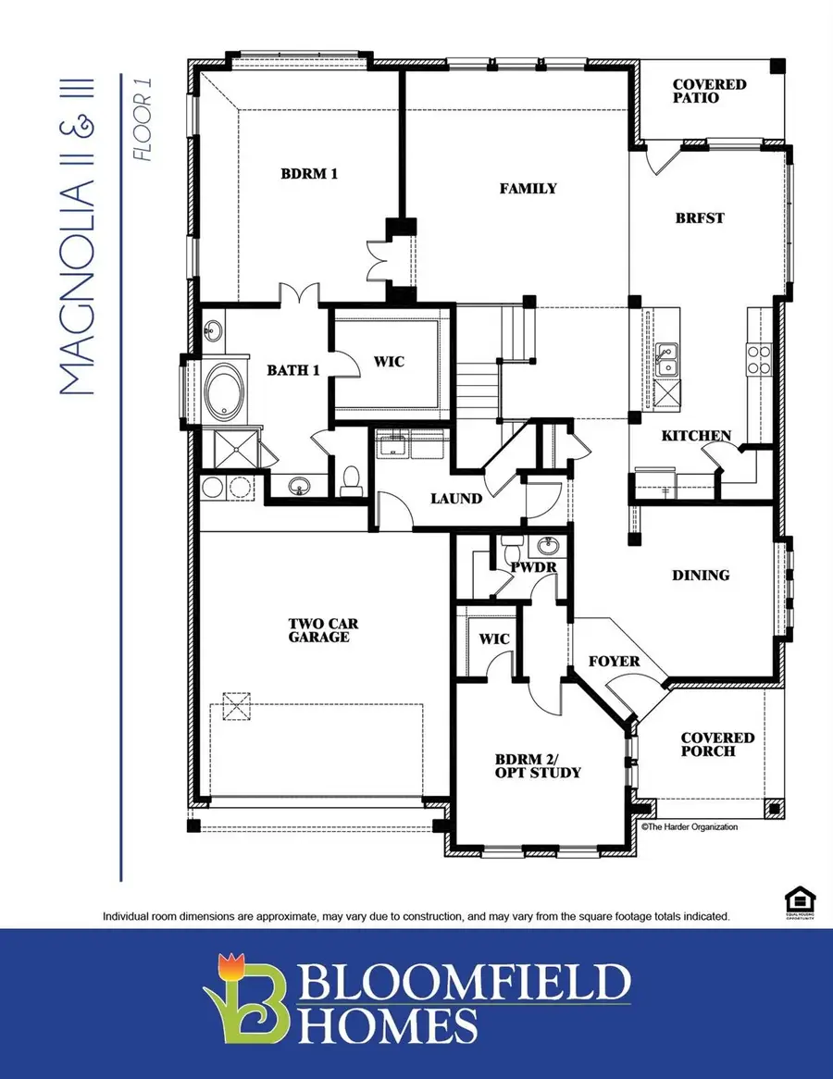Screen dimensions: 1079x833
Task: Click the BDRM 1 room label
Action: [307, 172]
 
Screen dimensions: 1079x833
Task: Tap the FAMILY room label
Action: [528, 188]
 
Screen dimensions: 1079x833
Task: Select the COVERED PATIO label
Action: [710, 91]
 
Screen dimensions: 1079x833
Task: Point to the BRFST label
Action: [701, 218]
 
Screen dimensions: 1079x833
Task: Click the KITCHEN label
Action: [696, 435]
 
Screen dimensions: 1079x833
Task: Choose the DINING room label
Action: [701, 575]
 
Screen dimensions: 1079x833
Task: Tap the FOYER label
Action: [615, 662]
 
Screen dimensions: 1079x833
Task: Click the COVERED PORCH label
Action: [717, 744]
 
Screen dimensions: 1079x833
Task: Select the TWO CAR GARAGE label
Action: [317, 630]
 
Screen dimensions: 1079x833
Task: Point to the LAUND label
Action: [456, 498]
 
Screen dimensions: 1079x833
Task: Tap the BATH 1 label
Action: [293, 370]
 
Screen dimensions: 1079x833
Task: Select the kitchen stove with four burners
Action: [759, 359]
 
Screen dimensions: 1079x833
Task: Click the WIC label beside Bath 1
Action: [389, 361]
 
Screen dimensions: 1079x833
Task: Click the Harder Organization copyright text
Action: [690, 826]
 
